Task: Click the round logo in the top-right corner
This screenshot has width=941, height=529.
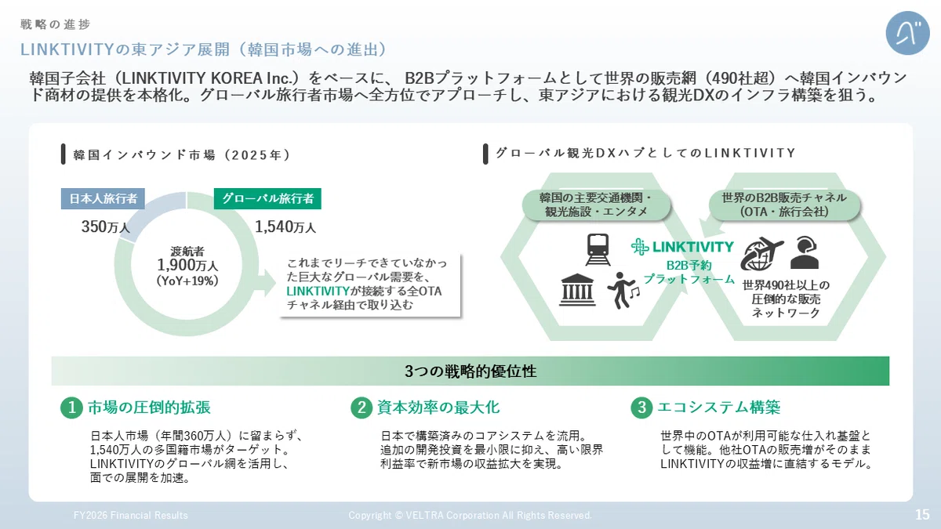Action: pyautogui.click(x=907, y=33)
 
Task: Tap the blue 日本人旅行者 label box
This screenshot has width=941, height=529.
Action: pyautogui.click(x=103, y=198)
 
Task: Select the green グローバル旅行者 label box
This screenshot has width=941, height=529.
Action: pyautogui.click(x=267, y=198)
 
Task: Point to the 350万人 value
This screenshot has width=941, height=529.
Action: pyautogui.click(x=105, y=227)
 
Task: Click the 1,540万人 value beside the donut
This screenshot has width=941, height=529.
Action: pyautogui.click(x=285, y=227)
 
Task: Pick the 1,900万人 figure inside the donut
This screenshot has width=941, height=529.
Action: pyautogui.click(x=187, y=266)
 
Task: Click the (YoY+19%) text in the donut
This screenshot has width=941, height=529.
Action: pyautogui.click(x=187, y=281)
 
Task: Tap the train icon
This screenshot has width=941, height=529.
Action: pyautogui.click(x=598, y=249)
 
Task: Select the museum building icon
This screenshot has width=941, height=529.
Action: pyautogui.click(x=577, y=289)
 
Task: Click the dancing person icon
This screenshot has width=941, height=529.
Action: pyautogui.click(x=623, y=290)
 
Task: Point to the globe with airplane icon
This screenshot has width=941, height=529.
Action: pyautogui.click(x=761, y=254)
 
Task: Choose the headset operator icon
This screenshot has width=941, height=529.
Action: pyautogui.click(x=805, y=252)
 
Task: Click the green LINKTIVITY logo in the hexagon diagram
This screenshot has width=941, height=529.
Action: pyautogui.click(x=683, y=247)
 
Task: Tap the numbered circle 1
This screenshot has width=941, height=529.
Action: pyautogui.click(x=71, y=408)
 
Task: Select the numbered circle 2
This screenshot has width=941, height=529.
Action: pyautogui.click(x=362, y=408)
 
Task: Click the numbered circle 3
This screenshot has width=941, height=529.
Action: pyautogui.click(x=641, y=408)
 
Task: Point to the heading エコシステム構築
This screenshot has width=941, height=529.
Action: pyautogui.click(x=719, y=408)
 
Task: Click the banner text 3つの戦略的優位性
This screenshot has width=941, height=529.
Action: pyautogui.click(x=470, y=371)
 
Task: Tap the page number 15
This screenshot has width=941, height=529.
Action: pyautogui.click(x=922, y=514)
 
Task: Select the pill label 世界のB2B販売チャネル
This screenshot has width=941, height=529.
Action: pyautogui.click(x=784, y=197)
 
